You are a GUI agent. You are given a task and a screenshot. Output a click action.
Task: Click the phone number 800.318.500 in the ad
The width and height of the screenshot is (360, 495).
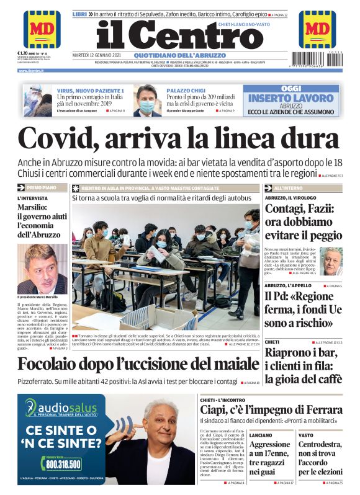click(x=63, y=463)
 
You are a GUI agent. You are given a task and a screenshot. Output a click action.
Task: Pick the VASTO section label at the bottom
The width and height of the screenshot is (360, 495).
click(x=306, y=435)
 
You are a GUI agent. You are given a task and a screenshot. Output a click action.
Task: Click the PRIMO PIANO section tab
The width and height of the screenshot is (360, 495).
click(x=42, y=187)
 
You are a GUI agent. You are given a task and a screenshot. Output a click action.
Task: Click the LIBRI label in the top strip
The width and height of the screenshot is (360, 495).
click(x=79, y=14)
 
